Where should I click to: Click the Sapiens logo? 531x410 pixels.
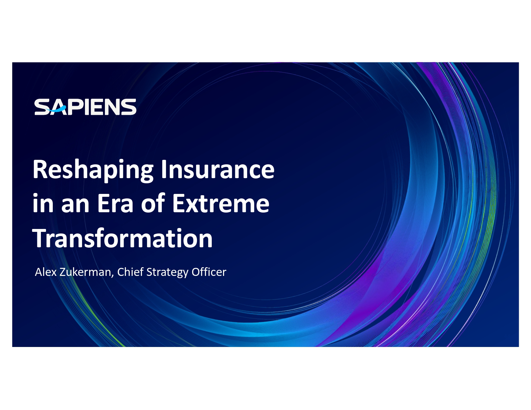point(85,107)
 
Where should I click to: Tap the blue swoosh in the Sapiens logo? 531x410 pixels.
point(56,109)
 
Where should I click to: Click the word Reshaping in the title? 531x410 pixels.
point(93,170)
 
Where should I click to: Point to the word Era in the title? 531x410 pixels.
point(115,204)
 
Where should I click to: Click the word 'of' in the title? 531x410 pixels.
point(153,203)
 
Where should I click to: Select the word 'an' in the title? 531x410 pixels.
point(75,206)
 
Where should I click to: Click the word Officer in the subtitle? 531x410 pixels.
point(209,272)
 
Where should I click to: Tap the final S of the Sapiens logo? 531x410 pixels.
point(129,107)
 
